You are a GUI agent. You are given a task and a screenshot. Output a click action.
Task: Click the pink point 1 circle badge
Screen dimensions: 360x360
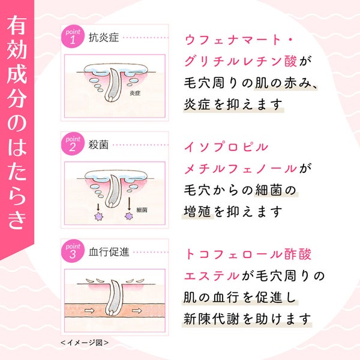pos(73,37)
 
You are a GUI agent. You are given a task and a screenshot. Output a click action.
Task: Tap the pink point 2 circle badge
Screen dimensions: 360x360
pos(73,144)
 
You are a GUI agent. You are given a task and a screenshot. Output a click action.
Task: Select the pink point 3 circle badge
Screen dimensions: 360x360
pos(73,251)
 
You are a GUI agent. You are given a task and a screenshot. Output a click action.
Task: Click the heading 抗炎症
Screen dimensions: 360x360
pos(104,37)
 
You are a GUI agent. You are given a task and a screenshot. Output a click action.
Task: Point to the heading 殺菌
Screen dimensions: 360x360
pos(99,145)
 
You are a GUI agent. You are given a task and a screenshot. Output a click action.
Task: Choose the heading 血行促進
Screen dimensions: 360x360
pos(109,252)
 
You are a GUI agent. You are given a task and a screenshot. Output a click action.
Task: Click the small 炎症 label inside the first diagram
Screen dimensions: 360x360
pos(135,93)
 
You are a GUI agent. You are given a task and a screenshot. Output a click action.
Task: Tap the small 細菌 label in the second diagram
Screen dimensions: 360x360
pos(142,210)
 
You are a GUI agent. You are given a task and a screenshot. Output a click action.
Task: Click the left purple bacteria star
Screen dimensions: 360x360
pos(99,217)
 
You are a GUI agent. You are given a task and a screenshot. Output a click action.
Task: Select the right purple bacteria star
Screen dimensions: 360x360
pos(129,216)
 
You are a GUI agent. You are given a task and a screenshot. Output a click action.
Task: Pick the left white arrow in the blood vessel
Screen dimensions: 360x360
pos(89,311)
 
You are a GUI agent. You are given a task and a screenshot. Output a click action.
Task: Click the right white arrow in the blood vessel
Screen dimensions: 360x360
pos(137,311)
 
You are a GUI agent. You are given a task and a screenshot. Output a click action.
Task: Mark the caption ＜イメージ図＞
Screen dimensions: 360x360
pos(85,343)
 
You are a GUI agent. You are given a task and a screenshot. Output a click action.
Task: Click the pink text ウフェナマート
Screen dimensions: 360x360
pos(232,40)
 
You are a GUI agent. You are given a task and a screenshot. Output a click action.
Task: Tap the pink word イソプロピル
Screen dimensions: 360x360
pos(226,147)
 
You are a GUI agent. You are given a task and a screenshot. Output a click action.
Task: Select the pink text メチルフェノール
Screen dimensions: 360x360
pos(241,169)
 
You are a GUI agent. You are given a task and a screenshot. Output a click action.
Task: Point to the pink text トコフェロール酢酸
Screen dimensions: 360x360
pos(248,254)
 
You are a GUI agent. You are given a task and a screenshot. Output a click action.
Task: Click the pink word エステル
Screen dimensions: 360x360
pos(212,276)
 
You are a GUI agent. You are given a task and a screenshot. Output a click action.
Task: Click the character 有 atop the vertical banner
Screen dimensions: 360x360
pos(17,25)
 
